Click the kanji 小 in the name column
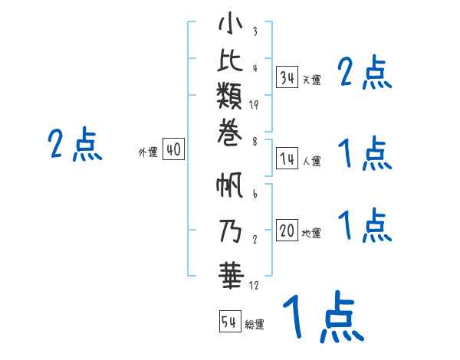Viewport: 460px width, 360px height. click(230, 25)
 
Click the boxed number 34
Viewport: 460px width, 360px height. click(287, 77)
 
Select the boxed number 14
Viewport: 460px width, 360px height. click(287, 159)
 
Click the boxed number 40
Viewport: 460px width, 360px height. click(173, 150)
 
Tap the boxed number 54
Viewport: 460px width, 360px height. click(229, 322)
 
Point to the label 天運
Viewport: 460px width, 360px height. click(311, 80)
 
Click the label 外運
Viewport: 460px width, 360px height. click(147, 152)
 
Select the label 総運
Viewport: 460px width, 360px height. click(255, 325)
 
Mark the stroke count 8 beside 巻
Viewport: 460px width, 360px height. click(254, 142)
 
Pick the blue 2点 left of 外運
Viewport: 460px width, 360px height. click(75, 145)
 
